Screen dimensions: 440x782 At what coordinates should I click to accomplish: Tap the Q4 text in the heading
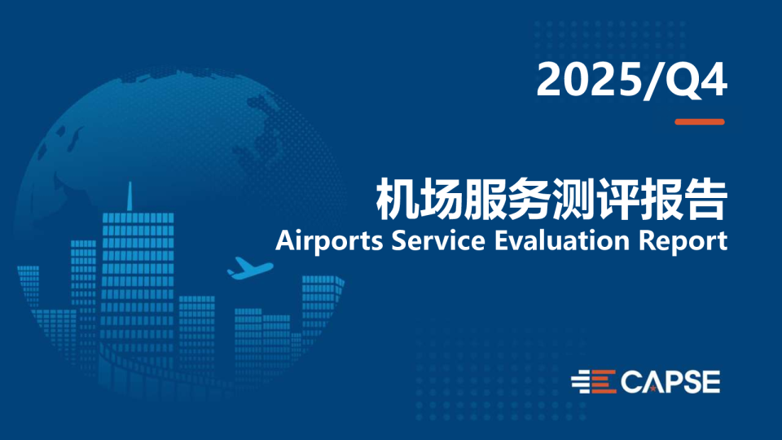click(693, 81)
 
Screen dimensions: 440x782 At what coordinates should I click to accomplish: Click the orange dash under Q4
click(700, 121)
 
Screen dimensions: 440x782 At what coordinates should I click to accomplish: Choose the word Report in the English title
click(683, 241)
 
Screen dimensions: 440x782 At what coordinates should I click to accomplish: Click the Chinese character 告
click(705, 200)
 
